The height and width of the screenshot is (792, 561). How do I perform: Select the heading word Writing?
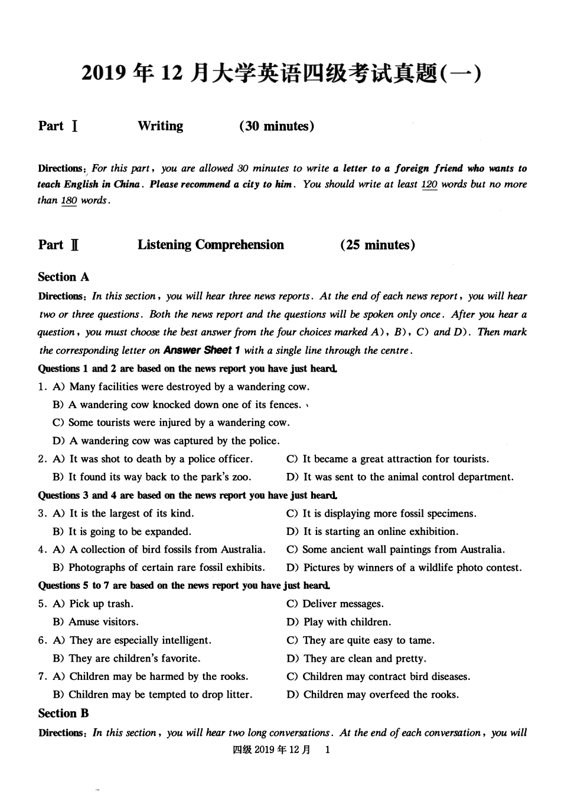(160, 126)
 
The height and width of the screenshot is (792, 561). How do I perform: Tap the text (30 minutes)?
(276, 126)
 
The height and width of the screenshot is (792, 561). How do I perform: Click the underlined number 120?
(429, 184)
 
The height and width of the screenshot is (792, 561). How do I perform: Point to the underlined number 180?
(69, 201)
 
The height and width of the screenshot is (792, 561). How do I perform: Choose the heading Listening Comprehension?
(211, 245)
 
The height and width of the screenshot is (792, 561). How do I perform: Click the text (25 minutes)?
(377, 245)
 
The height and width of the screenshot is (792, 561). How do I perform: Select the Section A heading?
(63, 277)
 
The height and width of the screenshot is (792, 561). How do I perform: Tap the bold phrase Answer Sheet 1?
(201, 350)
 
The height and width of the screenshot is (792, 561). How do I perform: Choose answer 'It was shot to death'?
(152, 459)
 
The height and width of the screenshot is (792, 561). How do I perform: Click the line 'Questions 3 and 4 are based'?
(188, 495)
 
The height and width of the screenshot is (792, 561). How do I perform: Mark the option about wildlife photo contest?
(405, 568)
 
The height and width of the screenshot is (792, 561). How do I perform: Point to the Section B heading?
(63, 714)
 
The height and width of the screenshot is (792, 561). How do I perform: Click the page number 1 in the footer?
(328, 750)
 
